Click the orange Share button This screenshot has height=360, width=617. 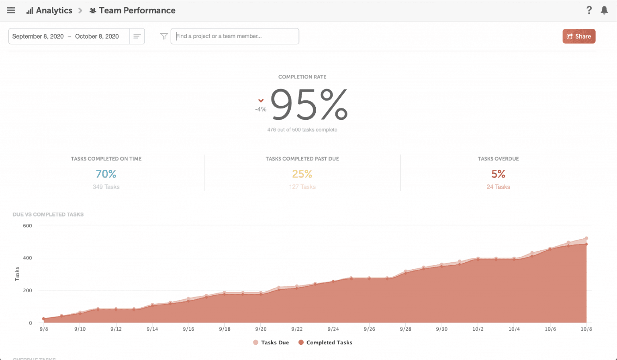tap(579, 36)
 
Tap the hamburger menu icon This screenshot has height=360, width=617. tap(11, 10)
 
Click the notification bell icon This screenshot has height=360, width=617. tap(604, 10)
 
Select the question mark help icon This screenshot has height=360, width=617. tap(589, 10)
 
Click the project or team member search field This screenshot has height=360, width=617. tap(235, 36)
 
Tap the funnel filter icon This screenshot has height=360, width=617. tap(164, 36)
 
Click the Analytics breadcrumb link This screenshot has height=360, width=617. tap(49, 10)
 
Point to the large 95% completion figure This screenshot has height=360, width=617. tap(308, 105)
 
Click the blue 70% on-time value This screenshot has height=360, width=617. tap(106, 174)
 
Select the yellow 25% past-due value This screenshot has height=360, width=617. tap(302, 174)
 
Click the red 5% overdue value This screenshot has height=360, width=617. tap(498, 174)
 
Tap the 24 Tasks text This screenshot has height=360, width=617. tap(498, 187)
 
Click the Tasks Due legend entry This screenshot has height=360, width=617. tap(271, 343)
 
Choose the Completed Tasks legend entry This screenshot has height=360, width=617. tap(325, 343)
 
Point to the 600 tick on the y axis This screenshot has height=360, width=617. tap(27, 226)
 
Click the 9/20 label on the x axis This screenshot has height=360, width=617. tap(261, 329)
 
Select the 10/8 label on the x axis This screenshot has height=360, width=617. tap(586, 329)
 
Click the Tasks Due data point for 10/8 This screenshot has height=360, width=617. tap(586, 238)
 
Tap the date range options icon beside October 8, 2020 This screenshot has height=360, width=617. tap(137, 36)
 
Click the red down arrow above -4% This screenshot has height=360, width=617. tap(261, 101)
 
